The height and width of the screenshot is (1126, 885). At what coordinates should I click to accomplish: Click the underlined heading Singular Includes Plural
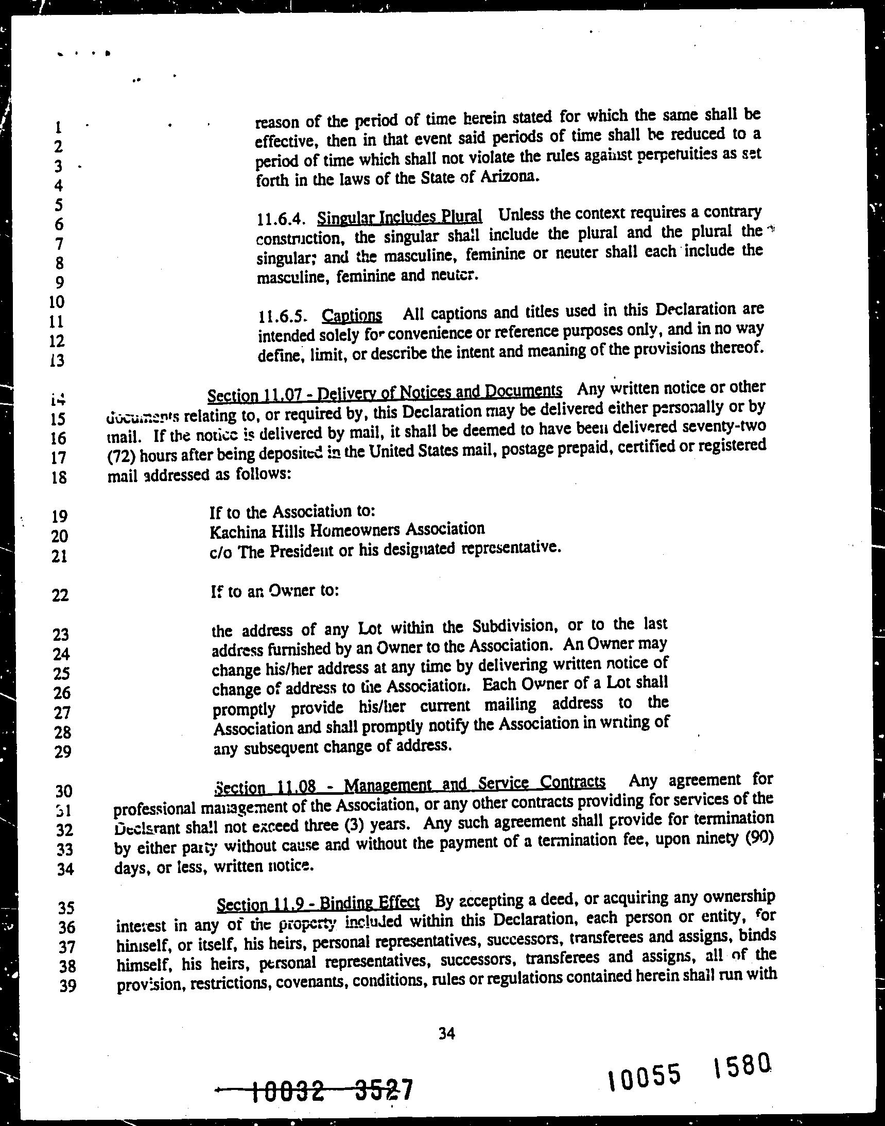click(400, 216)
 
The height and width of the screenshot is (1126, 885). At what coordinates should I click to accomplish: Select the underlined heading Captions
click(352, 315)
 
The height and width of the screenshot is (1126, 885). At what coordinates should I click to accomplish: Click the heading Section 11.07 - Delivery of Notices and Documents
click(385, 394)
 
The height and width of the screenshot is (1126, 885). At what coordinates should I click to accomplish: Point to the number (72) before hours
click(122, 455)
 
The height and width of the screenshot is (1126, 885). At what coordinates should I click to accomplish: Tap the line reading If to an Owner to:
click(274, 591)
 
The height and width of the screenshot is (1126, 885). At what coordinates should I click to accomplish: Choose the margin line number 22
click(60, 594)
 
